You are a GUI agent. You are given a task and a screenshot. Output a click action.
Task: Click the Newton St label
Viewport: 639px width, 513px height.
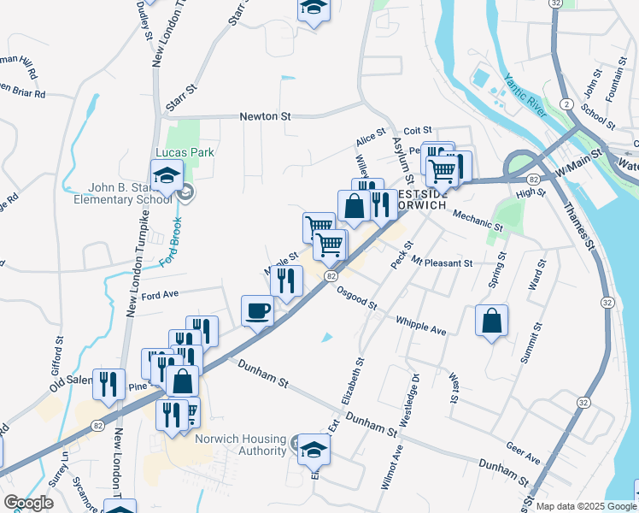click(x=266, y=116)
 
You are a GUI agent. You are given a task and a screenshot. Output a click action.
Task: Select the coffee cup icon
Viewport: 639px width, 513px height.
click(x=257, y=310)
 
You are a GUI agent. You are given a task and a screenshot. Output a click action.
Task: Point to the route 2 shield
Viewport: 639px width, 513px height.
click(x=566, y=103)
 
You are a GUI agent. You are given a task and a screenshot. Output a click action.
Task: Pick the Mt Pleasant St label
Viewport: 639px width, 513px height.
click(x=442, y=262)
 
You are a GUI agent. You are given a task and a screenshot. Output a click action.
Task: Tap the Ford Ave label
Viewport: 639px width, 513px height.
click(x=160, y=295)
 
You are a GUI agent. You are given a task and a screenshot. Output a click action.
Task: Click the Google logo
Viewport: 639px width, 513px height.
click(x=28, y=503)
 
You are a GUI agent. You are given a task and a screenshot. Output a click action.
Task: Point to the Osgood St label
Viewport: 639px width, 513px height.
click(x=358, y=300)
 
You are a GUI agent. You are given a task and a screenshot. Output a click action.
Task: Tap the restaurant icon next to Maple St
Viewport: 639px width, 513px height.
click(x=286, y=280)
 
